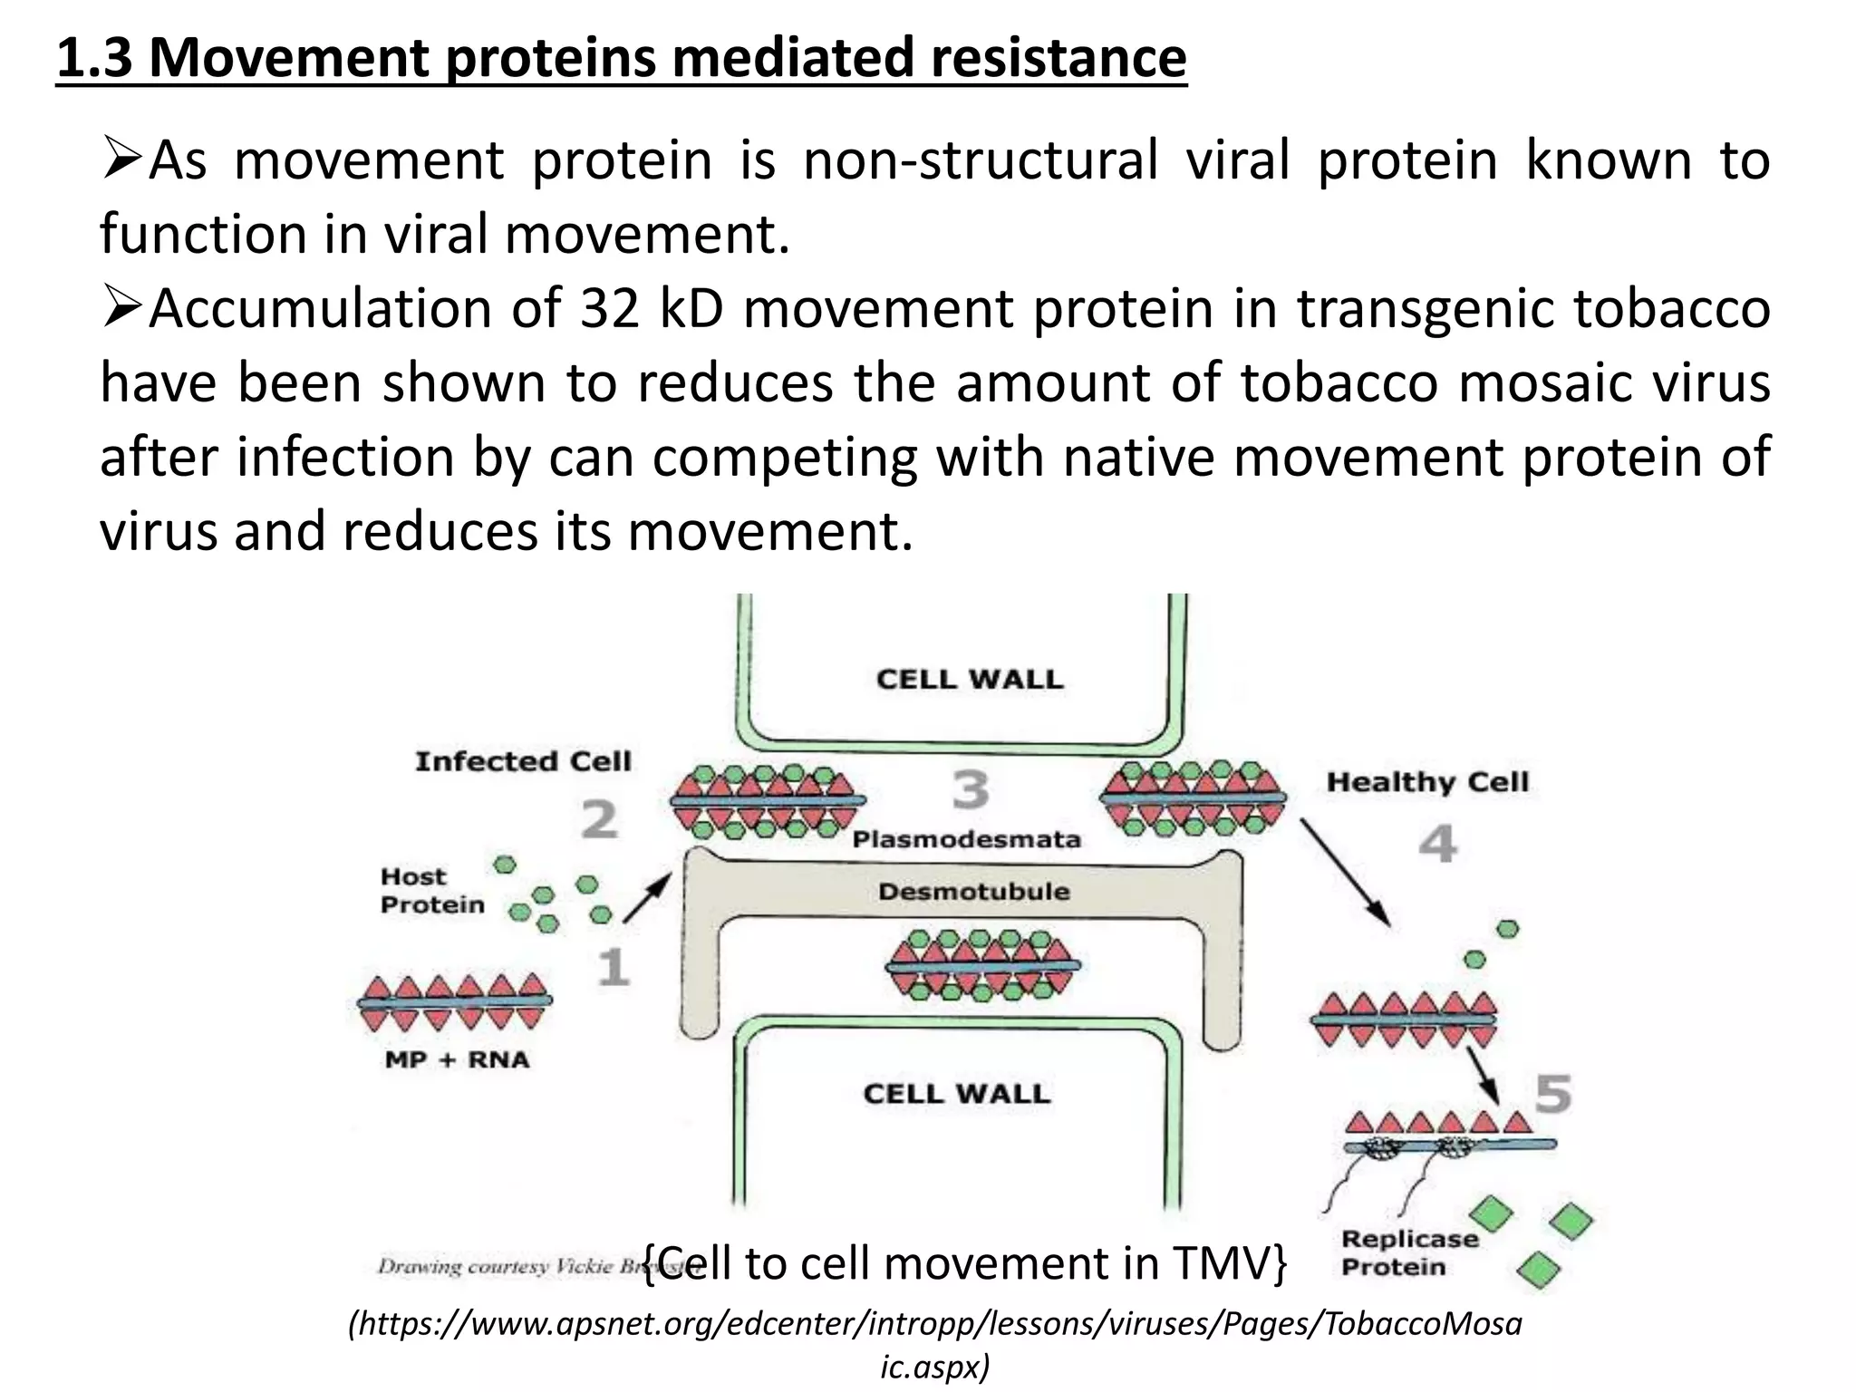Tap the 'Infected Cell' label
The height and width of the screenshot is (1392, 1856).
(x=523, y=761)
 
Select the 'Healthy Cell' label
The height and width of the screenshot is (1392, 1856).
(x=1427, y=781)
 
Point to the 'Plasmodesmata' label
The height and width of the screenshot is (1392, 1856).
(x=966, y=839)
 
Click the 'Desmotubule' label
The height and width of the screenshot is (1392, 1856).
(x=973, y=892)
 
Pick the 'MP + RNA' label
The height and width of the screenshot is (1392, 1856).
(x=457, y=1059)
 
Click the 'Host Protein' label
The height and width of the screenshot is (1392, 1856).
(x=432, y=891)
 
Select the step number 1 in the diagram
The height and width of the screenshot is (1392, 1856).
(x=614, y=967)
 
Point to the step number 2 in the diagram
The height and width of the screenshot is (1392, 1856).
(x=599, y=820)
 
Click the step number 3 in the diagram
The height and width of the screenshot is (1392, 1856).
(x=971, y=789)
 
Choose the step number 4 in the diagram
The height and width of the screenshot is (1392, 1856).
(x=1437, y=845)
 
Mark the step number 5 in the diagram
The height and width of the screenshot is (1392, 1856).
(x=1552, y=1094)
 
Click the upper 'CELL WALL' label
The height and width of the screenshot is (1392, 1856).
(x=969, y=679)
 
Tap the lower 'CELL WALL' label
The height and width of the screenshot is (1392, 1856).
(x=957, y=1093)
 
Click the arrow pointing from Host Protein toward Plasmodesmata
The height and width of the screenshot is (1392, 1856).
(x=647, y=897)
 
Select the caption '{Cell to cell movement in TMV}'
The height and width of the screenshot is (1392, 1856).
(x=964, y=1263)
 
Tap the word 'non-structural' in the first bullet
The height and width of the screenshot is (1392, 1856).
(x=981, y=160)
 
